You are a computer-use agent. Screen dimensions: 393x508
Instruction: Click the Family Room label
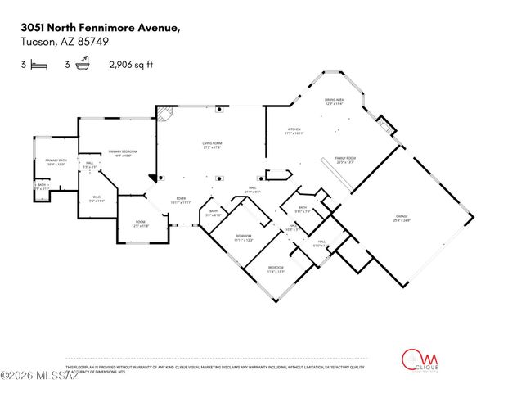coord(344,160)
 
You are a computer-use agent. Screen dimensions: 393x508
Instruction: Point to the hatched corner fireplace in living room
coord(165,115)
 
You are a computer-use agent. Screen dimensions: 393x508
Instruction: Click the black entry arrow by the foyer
coord(152,178)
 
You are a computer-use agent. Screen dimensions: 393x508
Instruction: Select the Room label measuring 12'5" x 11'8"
coord(140,224)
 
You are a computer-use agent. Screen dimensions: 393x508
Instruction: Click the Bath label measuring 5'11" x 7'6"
coord(302,209)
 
